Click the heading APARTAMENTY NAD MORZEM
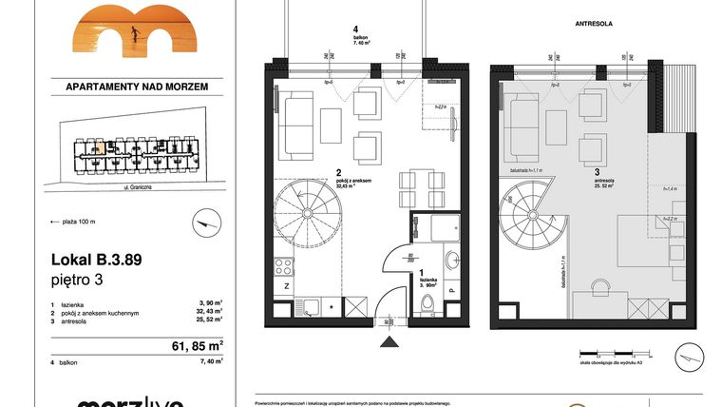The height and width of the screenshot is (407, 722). pos(136,87)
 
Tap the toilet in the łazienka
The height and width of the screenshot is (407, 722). pos(429,305)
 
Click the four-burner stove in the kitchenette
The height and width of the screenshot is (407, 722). pos(283,263)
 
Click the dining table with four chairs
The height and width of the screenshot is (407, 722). pos(419,187)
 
